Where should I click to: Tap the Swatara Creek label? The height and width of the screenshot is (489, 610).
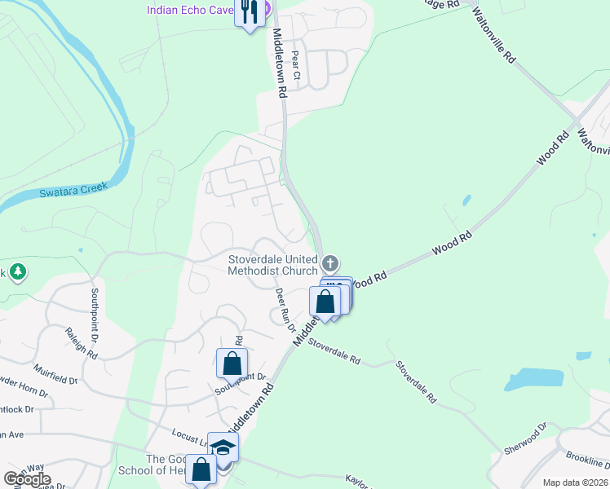pyautogui.click(x=73, y=192)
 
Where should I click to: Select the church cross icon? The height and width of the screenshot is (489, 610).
pyautogui.click(x=329, y=263)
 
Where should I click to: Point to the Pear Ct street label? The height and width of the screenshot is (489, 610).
pyautogui.click(x=296, y=69)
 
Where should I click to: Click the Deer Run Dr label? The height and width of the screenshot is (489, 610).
pyautogui.click(x=285, y=311)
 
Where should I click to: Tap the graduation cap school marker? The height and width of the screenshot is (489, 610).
pyautogui.click(x=223, y=447)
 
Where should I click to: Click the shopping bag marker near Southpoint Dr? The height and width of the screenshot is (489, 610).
pyautogui.click(x=232, y=362)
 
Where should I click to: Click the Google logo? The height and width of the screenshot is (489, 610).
pyautogui.click(x=28, y=479)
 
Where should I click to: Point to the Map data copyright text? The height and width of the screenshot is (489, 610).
pyautogui.click(x=575, y=482)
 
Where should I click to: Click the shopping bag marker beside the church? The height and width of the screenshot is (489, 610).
pyautogui.click(x=325, y=301)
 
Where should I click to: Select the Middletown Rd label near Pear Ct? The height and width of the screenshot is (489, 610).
pyautogui.click(x=278, y=64)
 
